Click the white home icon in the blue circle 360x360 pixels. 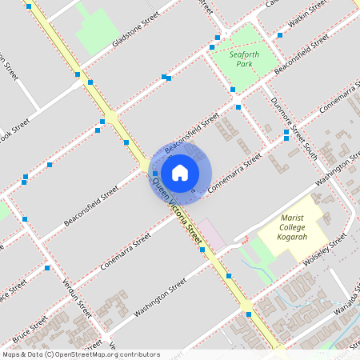click(x=180, y=172)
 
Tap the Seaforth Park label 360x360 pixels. click(x=245, y=60)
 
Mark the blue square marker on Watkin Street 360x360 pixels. click(x=279, y=35)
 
